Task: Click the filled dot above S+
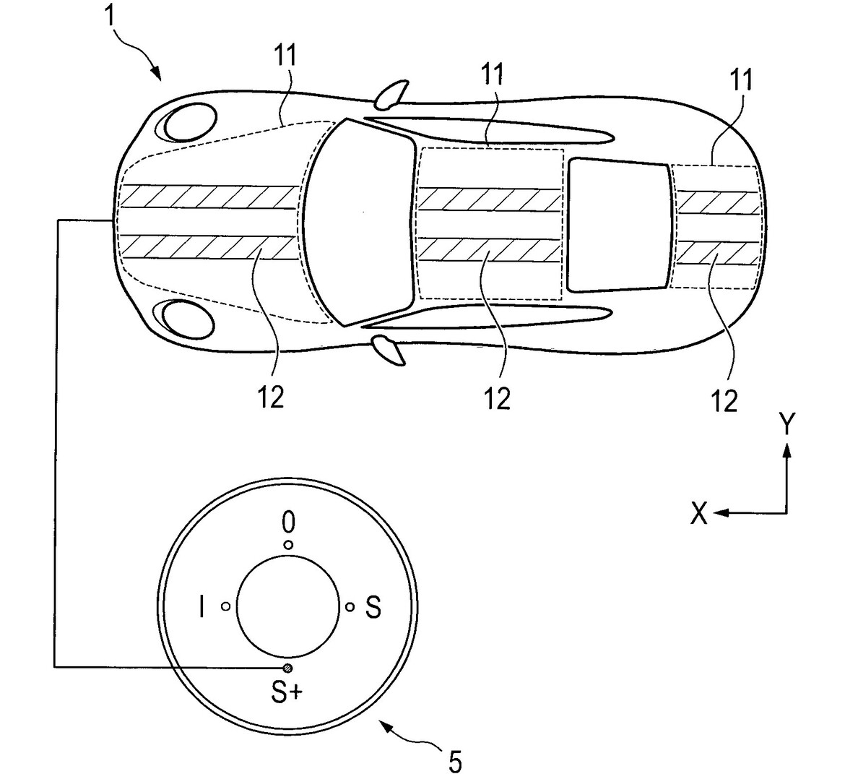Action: coord(287,667)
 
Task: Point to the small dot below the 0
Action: coord(288,545)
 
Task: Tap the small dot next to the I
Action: coord(225,607)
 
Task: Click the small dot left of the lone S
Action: coord(350,607)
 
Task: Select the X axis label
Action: coord(698,514)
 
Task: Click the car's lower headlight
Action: coord(186,319)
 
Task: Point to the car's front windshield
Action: coord(357,220)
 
